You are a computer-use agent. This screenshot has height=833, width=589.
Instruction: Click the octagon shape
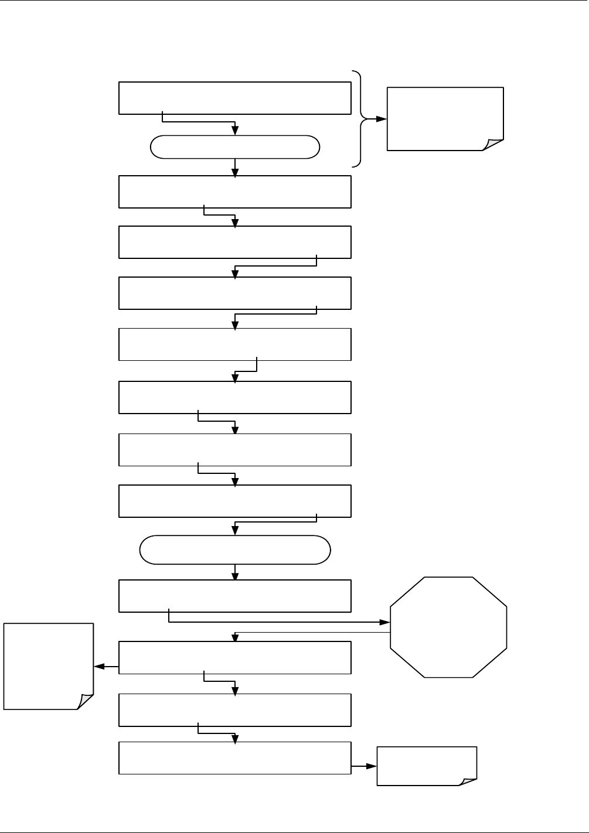pyautogui.click(x=448, y=627)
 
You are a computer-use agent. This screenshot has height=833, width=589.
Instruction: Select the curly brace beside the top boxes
pyautogui.click(x=359, y=119)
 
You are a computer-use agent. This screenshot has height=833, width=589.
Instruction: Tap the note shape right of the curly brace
pyautogui.click(x=445, y=119)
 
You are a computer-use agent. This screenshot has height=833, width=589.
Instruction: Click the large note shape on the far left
pyautogui.click(x=49, y=666)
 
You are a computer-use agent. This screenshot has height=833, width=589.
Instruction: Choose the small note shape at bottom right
pyautogui.click(x=427, y=766)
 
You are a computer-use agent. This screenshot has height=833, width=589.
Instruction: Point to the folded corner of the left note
pyautogui.click(x=86, y=702)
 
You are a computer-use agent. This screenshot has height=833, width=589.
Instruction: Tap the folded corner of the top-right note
pyautogui.click(x=493, y=145)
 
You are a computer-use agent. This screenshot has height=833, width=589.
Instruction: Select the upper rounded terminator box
pyautogui.click(x=235, y=147)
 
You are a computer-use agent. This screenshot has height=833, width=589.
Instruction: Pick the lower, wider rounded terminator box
pyautogui.click(x=235, y=549)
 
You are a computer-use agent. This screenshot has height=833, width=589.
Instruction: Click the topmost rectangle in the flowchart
pyautogui.click(x=235, y=98)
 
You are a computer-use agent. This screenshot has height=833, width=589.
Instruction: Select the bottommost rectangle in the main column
pyautogui.click(x=235, y=757)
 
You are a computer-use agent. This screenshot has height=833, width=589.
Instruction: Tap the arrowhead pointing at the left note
pyautogui.click(x=98, y=667)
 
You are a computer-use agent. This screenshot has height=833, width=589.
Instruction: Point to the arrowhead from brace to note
pyautogui.click(x=383, y=119)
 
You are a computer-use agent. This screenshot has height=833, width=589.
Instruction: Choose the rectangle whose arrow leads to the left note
pyautogui.click(x=235, y=657)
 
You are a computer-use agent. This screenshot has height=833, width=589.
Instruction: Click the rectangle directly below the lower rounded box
pyautogui.click(x=235, y=596)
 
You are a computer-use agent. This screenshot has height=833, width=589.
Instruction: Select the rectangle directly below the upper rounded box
pyautogui.click(x=235, y=192)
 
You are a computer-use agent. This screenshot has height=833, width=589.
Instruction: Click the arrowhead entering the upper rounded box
pyautogui.click(x=235, y=131)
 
